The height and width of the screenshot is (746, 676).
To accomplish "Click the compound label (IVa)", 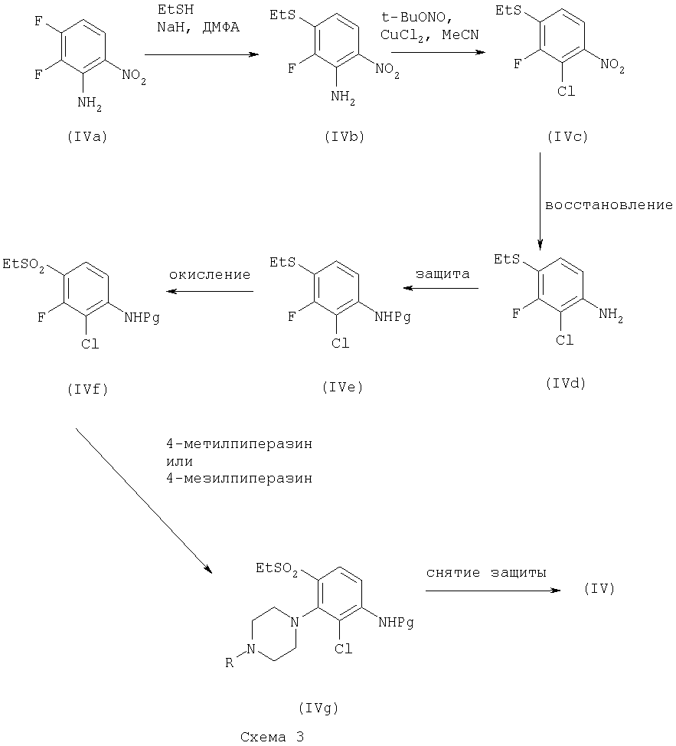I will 87,138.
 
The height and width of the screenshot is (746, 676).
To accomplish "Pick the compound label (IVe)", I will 341,388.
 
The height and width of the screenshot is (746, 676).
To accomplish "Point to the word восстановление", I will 609,205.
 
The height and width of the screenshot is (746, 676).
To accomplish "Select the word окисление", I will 210,273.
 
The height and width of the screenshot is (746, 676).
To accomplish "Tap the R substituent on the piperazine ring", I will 230,663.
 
